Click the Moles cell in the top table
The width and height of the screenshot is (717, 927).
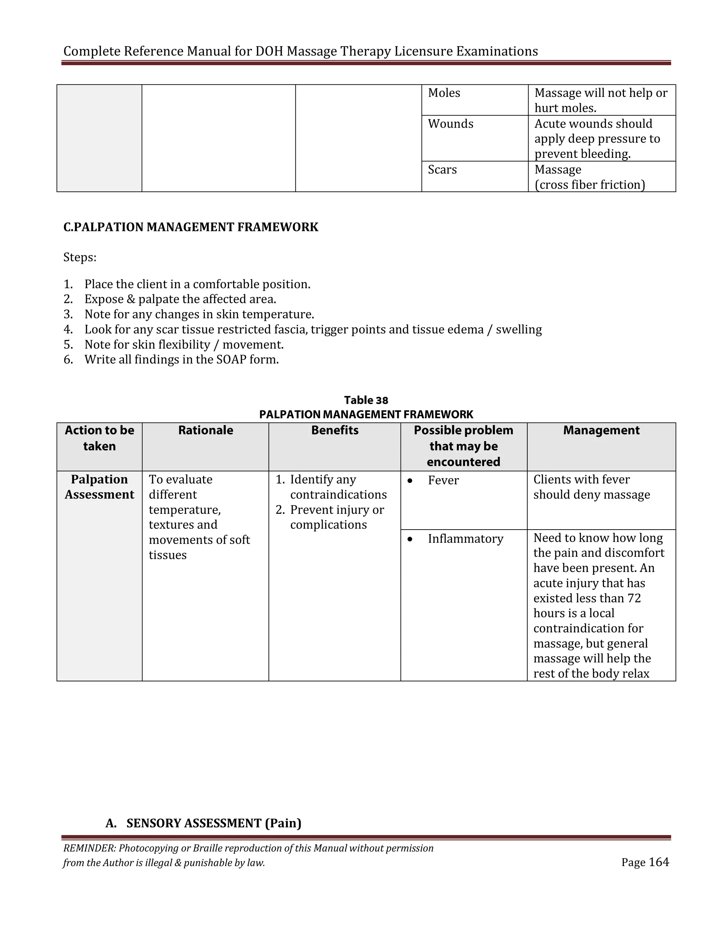tap(444, 93)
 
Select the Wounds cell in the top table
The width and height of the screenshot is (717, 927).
tap(450, 124)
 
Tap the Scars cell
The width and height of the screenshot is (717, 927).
tap(442, 170)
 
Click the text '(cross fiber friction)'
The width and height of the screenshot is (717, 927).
tap(590, 185)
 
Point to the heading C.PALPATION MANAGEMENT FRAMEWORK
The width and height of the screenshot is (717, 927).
tap(191, 227)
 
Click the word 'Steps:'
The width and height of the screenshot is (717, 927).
tap(80, 257)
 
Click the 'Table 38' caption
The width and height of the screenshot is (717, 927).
tap(366, 400)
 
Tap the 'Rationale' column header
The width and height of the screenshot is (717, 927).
tap(206, 430)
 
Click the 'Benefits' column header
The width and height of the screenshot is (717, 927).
tap(335, 430)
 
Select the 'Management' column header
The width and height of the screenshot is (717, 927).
tap(601, 430)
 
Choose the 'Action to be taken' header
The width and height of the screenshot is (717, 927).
tap(99, 438)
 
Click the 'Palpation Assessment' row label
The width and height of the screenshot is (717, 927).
tap(99, 487)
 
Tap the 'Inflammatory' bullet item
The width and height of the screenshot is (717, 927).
tap(465, 539)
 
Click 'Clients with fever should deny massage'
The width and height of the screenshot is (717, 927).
tap(591, 487)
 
